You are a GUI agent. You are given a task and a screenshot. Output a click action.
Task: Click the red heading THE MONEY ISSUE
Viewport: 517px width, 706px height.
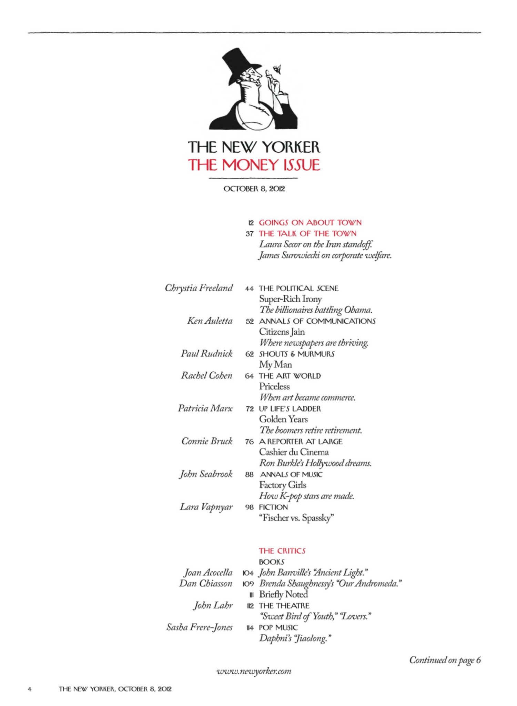click(254, 165)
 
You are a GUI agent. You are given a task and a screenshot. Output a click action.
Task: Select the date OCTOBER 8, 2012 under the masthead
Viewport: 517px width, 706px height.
click(254, 189)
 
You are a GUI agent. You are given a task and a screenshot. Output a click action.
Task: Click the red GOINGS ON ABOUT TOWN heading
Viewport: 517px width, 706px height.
click(310, 222)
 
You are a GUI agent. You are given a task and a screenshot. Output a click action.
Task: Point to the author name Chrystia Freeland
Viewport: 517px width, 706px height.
click(199, 288)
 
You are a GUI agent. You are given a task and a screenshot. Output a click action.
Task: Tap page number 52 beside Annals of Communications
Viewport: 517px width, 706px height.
click(250, 321)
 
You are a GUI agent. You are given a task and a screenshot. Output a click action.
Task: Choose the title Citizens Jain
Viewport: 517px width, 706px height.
click(282, 332)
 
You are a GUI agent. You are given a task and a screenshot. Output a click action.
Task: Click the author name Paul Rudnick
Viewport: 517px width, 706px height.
click(207, 354)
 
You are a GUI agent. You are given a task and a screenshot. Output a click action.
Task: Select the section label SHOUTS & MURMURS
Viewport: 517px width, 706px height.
click(296, 354)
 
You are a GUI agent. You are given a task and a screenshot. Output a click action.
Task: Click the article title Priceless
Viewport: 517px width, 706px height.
click(274, 386)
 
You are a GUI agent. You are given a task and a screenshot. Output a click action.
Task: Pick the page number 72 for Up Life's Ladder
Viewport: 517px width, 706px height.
click(250, 409)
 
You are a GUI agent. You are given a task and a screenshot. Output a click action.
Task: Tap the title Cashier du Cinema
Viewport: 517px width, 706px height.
click(294, 452)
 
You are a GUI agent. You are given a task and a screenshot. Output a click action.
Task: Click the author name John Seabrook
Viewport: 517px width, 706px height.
click(206, 474)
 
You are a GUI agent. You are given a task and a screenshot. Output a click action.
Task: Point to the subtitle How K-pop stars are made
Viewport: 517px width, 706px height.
click(307, 496)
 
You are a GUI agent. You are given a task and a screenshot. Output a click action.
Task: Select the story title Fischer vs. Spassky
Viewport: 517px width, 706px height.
click(296, 518)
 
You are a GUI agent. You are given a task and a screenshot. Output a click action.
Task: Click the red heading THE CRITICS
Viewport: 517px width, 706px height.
click(282, 551)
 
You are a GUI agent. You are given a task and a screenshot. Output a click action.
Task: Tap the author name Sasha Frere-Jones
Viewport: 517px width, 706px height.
click(199, 627)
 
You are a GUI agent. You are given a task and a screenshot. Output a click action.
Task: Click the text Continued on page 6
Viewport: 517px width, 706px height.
click(445, 660)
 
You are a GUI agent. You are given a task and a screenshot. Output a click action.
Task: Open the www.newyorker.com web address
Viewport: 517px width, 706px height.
click(254, 671)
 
